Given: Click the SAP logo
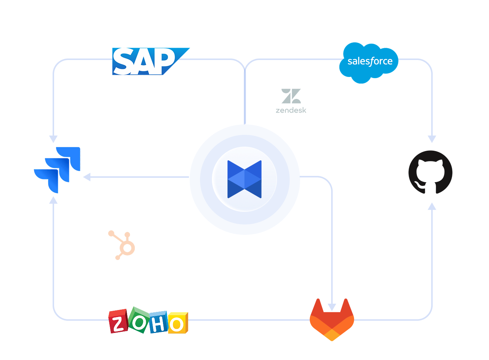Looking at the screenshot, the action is (151, 61).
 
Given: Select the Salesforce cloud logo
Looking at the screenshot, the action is (369, 63).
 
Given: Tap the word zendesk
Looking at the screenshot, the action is (291, 110).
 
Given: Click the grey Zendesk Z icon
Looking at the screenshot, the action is (291, 96).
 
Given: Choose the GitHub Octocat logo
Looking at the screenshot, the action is (430, 172).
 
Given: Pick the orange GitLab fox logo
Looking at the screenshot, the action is (332, 320).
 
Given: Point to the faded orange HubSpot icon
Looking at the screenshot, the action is (122, 245).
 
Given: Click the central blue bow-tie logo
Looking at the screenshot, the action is (245, 179).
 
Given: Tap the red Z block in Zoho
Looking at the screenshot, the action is (118, 321).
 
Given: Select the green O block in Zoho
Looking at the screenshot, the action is (139, 320).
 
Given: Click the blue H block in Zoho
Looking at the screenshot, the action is (158, 322).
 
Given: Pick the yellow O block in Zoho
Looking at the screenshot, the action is (178, 323).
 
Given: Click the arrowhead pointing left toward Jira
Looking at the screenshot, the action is (87, 177).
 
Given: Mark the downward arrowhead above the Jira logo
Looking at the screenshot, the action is (53, 139).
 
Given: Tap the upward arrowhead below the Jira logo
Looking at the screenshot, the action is (53, 200).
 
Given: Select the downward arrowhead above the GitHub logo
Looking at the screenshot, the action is (432, 139).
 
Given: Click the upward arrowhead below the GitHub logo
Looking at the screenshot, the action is (432, 206).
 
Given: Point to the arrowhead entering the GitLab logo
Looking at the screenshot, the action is (332, 307).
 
